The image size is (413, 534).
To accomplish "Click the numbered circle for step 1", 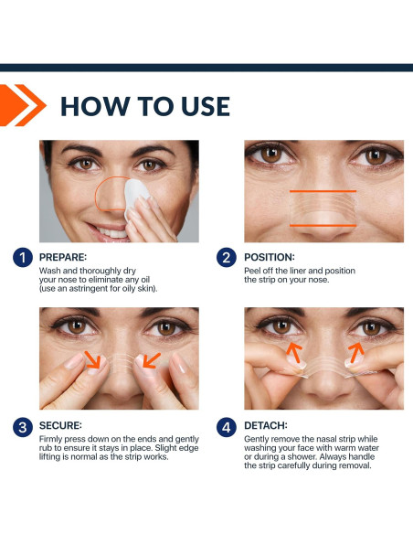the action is tap(23, 258).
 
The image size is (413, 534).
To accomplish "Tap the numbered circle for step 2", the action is tap(227, 258).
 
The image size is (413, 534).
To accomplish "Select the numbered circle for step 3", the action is tap(23, 427).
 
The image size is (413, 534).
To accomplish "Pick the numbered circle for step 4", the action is tap(227, 427).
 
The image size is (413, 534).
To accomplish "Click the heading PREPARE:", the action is tap(63, 257).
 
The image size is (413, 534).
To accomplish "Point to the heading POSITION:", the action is tap(270, 257).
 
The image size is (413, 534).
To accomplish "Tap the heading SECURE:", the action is tap(60, 425).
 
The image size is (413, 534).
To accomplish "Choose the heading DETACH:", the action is tap(266, 425).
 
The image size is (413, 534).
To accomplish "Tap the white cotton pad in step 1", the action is tap(135, 196).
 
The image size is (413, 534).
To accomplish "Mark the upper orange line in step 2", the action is tap(323, 191).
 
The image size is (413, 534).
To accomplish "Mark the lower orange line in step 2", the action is tap(323, 226).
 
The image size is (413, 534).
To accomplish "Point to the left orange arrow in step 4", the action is tap(294, 352).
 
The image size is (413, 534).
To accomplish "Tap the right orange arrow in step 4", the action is tap(356, 352).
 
